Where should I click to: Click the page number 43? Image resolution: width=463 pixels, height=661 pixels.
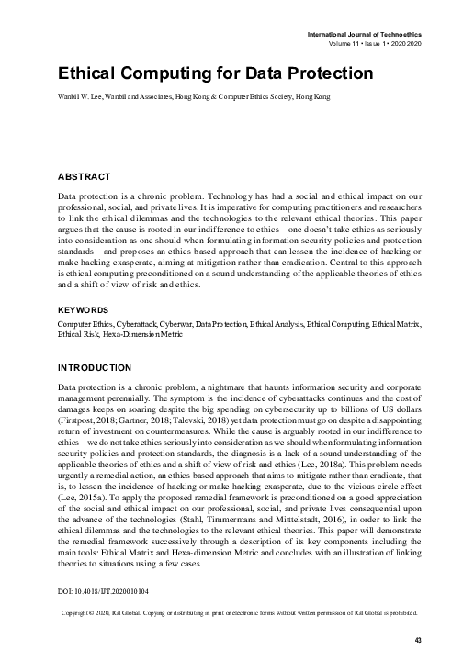coord(417,641)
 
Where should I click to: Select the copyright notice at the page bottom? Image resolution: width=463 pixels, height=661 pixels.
coord(239,611)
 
